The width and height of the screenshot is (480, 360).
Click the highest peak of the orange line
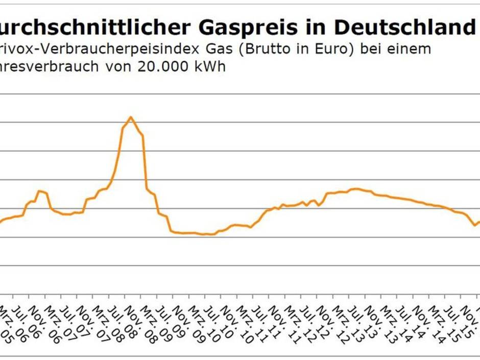(x=131, y=117)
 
